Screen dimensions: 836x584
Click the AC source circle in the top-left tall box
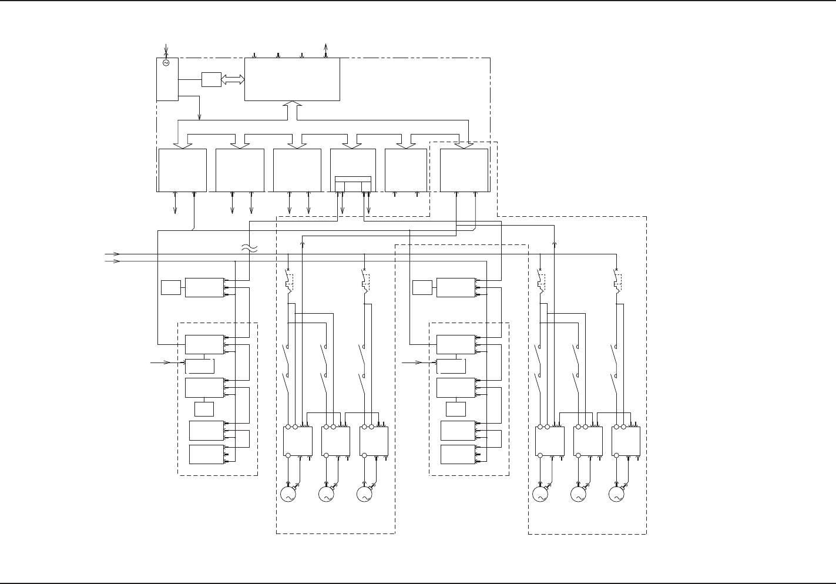[166, 63]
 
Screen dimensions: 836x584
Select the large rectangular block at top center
[292, 79]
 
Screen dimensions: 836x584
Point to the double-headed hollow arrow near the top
[233, 79]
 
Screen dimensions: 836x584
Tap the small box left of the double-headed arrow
[211, 79]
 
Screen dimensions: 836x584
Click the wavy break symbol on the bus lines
[249, 249]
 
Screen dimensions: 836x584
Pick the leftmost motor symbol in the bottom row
[288, 495]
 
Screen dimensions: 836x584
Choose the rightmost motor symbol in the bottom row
[616, 495]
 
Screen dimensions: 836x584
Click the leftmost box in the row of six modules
[183, 170]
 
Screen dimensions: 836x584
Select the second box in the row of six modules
[240, 170]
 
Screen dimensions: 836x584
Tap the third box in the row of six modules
[297, 170]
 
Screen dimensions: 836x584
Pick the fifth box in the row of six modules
[406, 170]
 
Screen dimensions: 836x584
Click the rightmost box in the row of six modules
[464, 170]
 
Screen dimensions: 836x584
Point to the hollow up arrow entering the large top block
[292, 110]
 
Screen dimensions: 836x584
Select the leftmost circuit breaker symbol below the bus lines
[288, 280]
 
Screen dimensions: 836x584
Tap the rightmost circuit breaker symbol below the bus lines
[616, 280]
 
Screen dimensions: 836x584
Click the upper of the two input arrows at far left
[113, 254]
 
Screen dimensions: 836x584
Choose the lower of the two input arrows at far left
[113, 261]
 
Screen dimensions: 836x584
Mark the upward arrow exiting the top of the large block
[326, 48]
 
